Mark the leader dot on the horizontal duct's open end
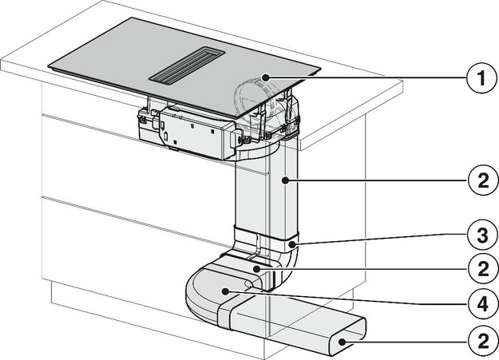(342, 342)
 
